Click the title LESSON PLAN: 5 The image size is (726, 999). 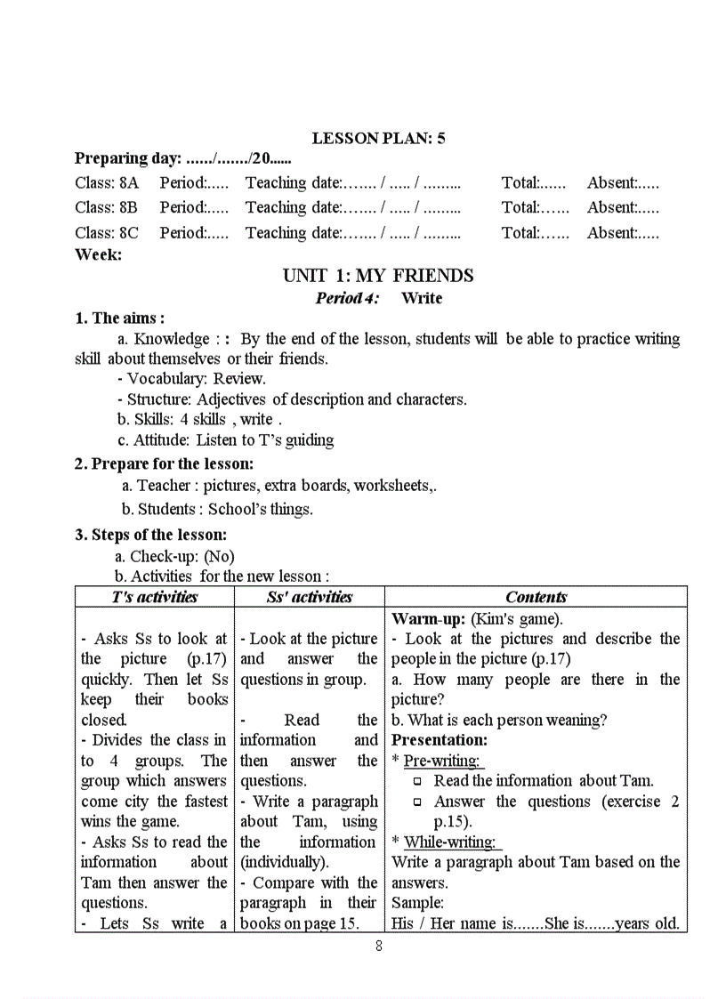(x=378, y=138)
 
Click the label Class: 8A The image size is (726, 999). (x=107, y=183)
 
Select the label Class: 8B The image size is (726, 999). (x=107, y=207)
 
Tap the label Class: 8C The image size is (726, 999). (x=107, y=233)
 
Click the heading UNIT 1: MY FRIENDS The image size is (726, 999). (x=378, y=276)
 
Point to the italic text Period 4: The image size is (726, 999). (x=347, y=298)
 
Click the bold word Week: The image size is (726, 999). (x=98, y=254)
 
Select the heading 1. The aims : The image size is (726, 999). (x=119, y=318)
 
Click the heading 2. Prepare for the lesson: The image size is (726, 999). (x=164, y=463)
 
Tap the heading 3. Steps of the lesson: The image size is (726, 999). (x=150, y=535)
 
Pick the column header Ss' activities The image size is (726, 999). (x=309, y=597)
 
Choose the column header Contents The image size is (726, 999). (x=536, y=597)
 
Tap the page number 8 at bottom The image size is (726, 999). (x=379, y=946)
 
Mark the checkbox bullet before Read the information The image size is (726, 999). (x=417, y=782)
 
